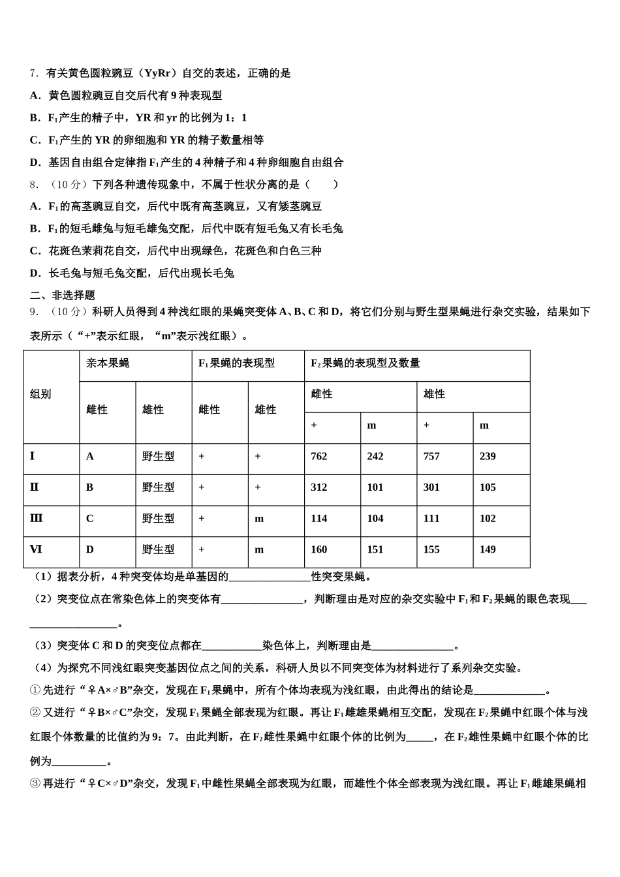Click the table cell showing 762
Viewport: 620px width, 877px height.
pos(319,456)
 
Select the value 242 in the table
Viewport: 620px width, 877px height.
pos(375,456)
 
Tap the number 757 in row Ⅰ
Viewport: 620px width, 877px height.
pos(431,456)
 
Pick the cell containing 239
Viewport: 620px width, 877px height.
pos(488,456)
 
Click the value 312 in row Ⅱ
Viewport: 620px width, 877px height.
pos(319,487)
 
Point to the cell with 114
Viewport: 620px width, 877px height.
pos(319,518)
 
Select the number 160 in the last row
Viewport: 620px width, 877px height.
pos(319,549)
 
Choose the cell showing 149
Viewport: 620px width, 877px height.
pos(488,549)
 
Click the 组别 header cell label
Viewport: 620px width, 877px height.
pos(40,394)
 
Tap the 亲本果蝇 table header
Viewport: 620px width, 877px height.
pos(108,363)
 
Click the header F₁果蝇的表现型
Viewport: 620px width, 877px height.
pos(236,363)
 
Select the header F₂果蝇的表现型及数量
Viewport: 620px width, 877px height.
pos(365,363)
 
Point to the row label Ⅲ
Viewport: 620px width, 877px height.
pos(36,518)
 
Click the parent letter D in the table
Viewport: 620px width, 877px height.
pos(90,549)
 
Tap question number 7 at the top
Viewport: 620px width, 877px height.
pos(35,73)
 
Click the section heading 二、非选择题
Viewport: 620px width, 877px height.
pos(63,296)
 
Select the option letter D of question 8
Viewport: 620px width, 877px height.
pos(35,273)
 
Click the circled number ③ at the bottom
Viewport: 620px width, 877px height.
pos(35,783)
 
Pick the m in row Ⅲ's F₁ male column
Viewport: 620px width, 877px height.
pos(259,518)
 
